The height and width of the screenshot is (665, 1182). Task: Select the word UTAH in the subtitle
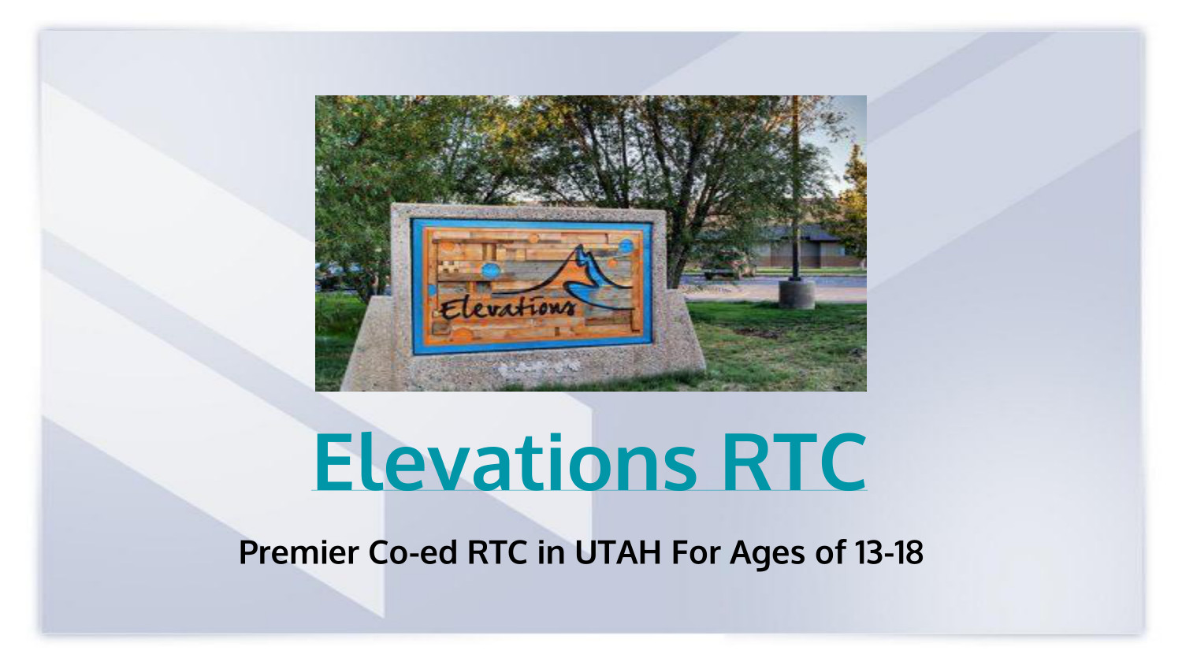coord(618,553)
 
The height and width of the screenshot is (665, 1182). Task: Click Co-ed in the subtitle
coord(412,553)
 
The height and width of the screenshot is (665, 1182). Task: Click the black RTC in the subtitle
coord(497,553)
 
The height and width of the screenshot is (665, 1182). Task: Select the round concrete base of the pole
coord(797,294)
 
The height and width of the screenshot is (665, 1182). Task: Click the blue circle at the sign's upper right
coord(626,246)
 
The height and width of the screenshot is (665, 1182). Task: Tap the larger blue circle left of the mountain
coord(491,270)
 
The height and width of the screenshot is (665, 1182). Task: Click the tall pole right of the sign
coord(796,189)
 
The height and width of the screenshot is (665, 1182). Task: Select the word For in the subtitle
coord(696,553)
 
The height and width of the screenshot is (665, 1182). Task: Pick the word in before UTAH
coord(551,553)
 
